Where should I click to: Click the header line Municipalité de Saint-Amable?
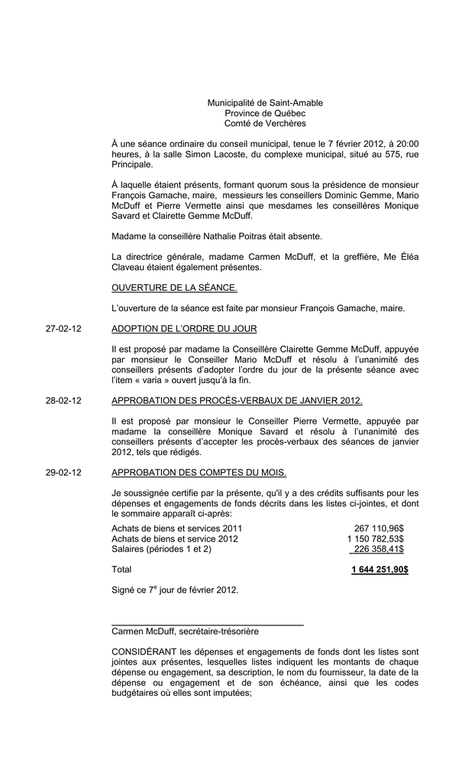265,103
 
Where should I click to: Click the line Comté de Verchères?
265,124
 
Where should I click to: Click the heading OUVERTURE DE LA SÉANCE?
174,288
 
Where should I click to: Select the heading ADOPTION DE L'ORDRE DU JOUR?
184,329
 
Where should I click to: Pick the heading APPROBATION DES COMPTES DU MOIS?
199,473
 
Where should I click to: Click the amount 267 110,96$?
379,528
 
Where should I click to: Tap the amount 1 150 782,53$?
375,539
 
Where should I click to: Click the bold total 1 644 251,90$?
380,570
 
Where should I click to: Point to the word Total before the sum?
121,570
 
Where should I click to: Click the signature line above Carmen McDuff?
207,625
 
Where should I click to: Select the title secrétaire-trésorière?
218,632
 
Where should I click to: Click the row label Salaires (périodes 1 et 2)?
161,549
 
